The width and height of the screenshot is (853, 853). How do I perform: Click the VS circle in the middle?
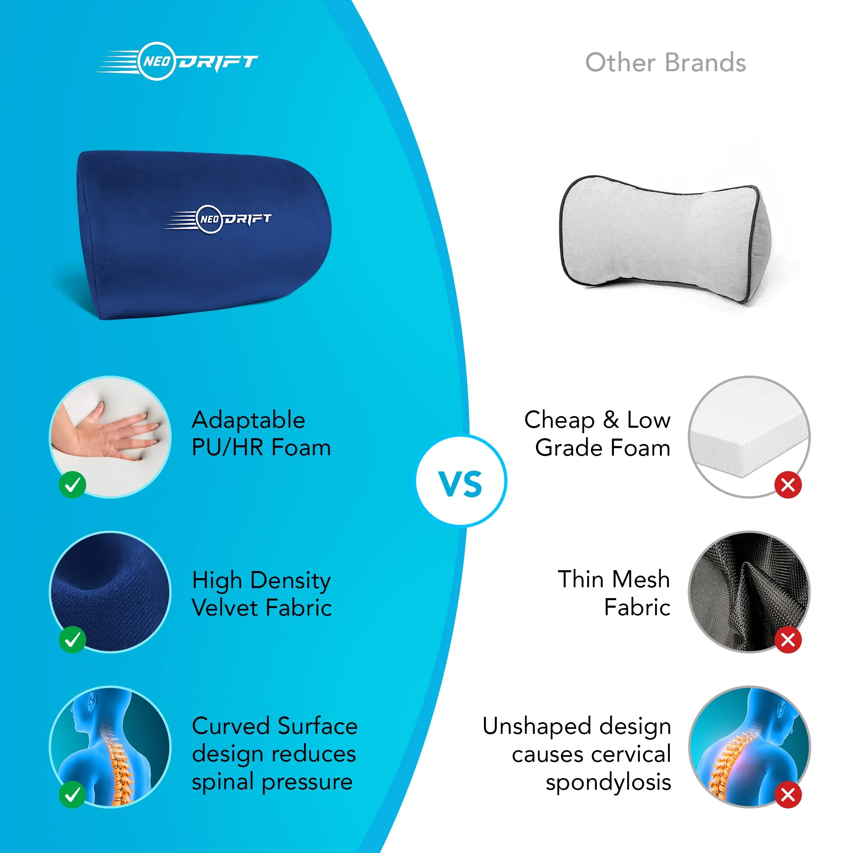pyautogui.click(x=461, y=481)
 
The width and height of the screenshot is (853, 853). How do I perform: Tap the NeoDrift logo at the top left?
pyautogui.click(x=177, y=61)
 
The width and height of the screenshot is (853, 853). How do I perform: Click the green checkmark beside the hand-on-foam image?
pyautogui.click(x=72, y=485)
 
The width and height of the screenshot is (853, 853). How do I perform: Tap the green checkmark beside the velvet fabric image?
pyautogui.click(x=72, y=639)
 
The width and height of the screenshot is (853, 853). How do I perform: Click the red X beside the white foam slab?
pyautogui.click(x=788, y=485)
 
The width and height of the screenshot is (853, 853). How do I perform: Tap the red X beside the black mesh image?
pyautogui.click(x=788, y=639)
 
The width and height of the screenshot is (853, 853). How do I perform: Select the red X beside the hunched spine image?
pyautogui.click(x=788, y=795)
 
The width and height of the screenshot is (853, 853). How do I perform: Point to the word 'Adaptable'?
pyautogui.click(x=248, y=420)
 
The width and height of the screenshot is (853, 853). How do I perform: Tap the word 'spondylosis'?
pyautogui.click(x=609, y=783)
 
